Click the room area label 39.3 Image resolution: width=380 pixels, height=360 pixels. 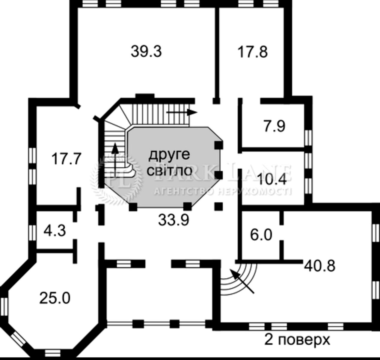[146, 52]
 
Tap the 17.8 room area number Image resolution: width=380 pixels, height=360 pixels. [252, 52]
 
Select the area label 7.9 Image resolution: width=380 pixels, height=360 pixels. [275, 126]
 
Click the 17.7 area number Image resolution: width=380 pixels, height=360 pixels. [66, 159]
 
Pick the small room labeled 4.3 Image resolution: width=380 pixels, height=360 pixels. [55, 230]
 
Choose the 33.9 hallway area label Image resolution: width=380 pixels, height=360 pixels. [174, 220]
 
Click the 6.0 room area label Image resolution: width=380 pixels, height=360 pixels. [261, 235]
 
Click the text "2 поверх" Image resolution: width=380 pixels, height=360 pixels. [297, 339]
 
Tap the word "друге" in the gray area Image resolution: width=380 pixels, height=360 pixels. [169, 155]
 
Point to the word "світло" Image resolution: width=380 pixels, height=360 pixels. [169, 170]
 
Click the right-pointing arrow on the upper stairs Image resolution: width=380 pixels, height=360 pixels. [182, 112]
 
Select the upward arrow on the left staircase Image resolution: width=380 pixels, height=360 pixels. [115, 160]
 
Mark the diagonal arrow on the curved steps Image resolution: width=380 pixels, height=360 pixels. [242, 281]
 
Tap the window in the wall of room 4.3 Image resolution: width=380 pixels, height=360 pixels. [32, 232]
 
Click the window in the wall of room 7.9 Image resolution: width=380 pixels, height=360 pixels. [308, 138]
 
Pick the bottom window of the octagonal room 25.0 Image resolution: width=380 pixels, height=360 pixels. [53, 353]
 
